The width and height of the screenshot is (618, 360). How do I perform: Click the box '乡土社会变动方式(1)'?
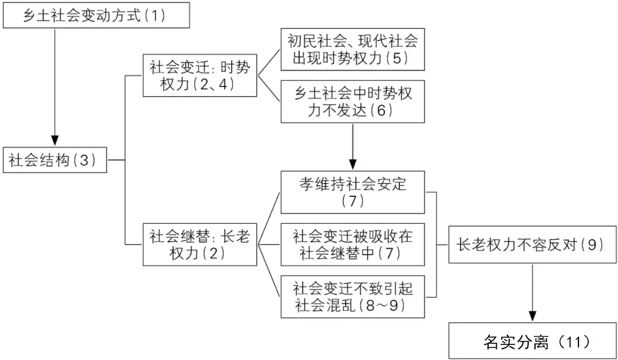point(96,15)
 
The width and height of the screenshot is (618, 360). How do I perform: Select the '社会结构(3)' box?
point(55,160)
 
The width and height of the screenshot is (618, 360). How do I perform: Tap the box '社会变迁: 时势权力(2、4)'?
point(200,76)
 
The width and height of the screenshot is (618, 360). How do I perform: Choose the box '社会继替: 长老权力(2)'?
point(200,244)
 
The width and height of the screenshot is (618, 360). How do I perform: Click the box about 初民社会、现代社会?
point(352,49)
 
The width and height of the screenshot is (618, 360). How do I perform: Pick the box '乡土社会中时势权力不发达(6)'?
point(352,102)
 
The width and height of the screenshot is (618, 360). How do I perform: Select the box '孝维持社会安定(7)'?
point(352,192)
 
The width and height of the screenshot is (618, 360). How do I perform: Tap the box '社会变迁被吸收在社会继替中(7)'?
point(352,244)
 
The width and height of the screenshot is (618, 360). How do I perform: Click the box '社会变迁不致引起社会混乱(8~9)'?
point(352,296)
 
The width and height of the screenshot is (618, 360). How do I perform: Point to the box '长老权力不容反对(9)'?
point(533,244)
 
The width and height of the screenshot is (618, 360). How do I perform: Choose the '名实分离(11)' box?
point(533,341)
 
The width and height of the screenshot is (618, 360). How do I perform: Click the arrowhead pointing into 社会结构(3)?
point(55,141)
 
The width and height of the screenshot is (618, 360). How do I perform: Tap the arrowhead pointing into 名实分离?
point(533,317)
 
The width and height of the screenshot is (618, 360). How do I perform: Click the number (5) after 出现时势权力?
point(397,58)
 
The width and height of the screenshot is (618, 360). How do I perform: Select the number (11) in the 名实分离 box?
point(576,342)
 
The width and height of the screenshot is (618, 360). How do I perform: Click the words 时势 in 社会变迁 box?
point(235,68)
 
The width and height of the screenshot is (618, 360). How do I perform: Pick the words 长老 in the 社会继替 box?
point(235,236)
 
